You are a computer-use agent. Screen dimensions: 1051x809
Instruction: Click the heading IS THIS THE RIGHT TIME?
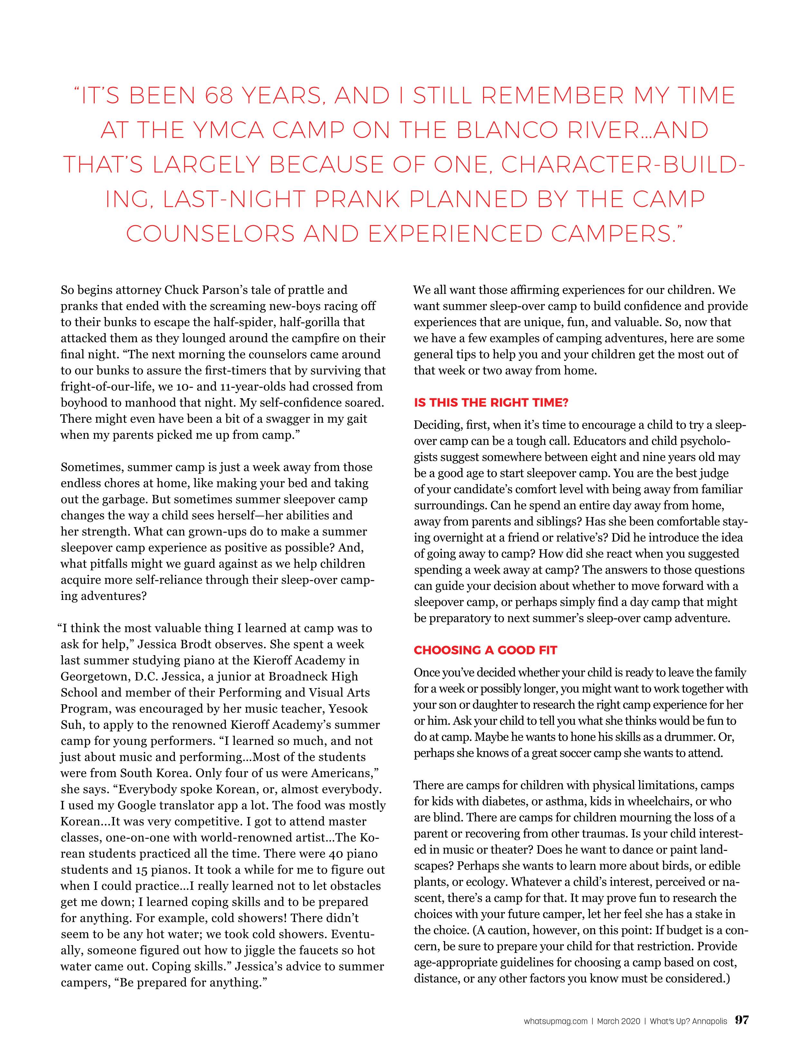tap(490, 403)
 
